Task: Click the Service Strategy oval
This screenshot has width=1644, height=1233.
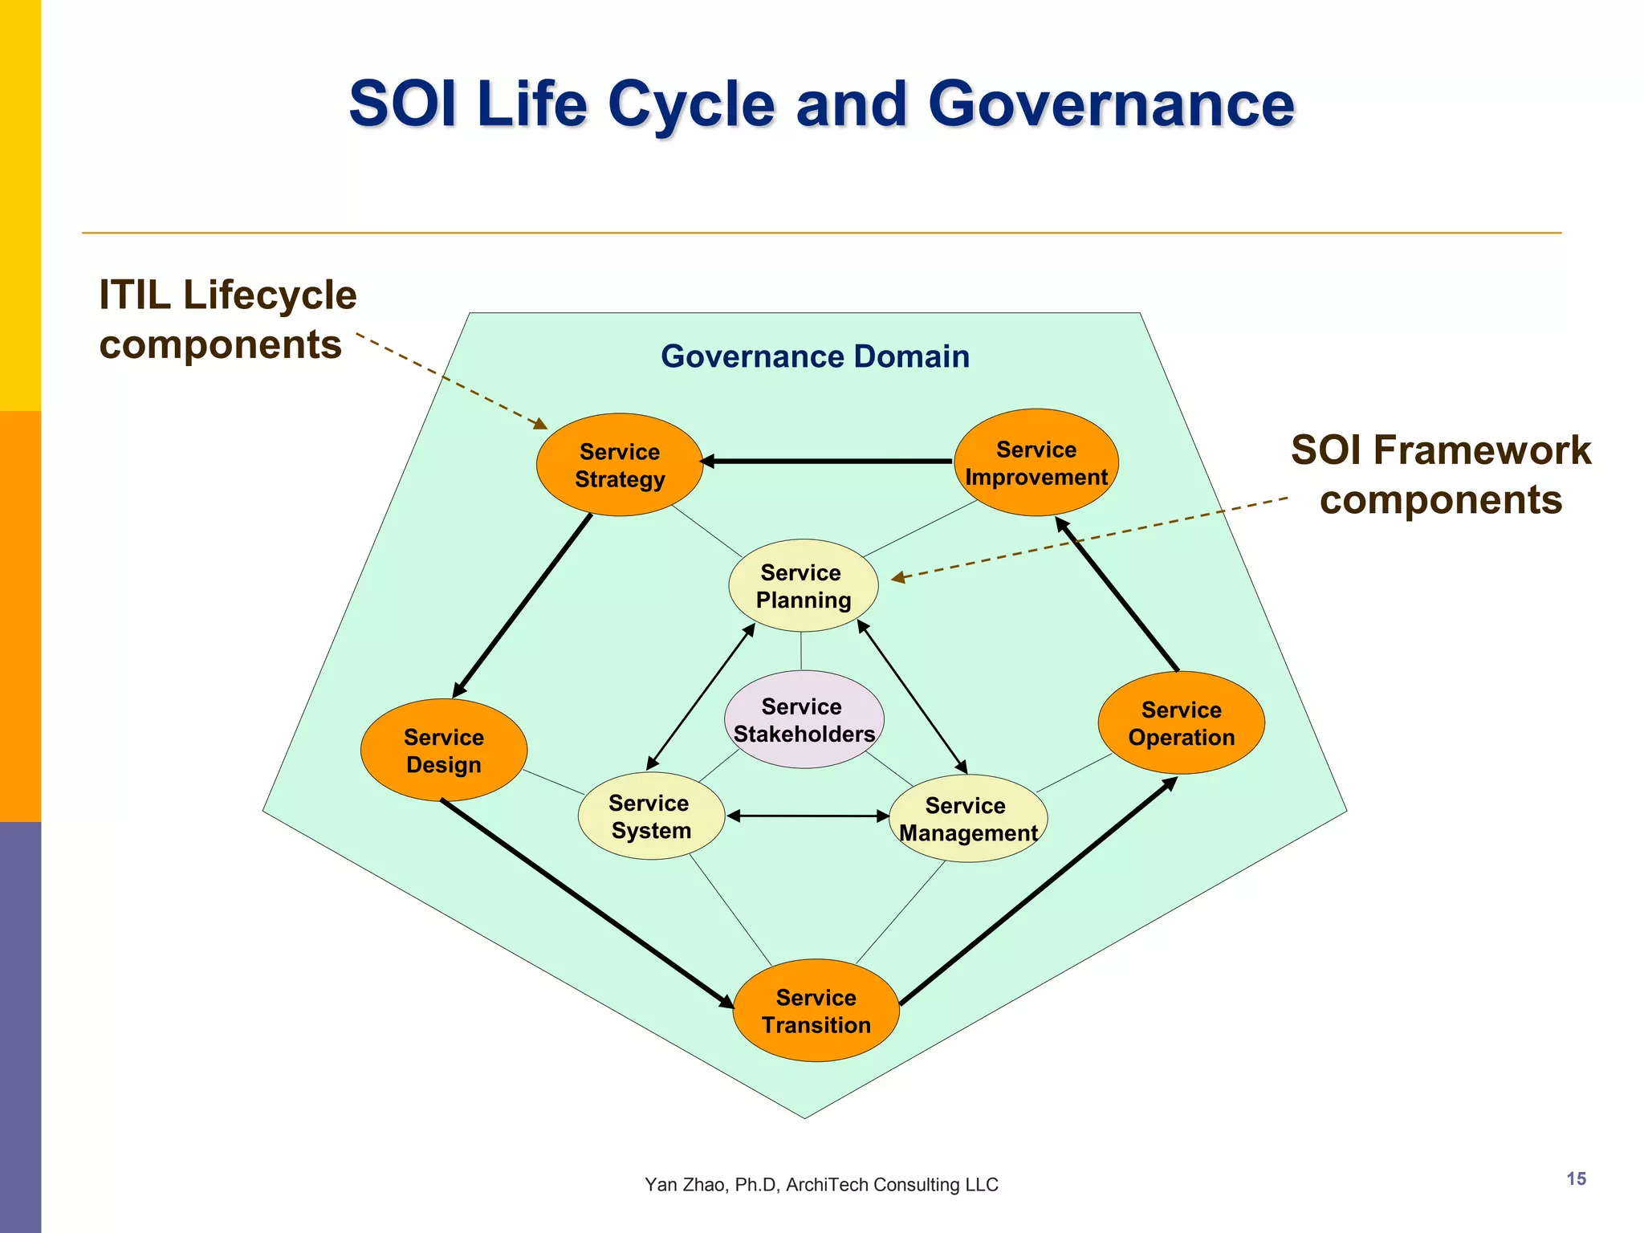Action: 619,465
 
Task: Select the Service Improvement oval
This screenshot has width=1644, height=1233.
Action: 1036,462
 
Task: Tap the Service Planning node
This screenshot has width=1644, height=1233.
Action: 803,585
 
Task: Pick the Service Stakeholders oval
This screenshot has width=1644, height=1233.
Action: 804,719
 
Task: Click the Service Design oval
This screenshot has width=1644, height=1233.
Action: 443,750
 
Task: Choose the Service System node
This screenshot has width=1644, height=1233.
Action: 650,816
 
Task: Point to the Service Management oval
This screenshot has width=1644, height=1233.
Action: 967,818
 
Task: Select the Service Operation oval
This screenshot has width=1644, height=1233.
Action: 1181,722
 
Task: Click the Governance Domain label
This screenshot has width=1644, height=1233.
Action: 815,356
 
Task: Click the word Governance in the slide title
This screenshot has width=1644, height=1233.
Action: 1110,104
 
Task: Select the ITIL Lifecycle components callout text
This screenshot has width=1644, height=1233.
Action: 227,319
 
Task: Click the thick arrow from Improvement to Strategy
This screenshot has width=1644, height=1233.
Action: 827,462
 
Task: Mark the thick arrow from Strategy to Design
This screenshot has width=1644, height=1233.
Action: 523,606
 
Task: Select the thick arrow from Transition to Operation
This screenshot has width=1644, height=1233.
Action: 1037,892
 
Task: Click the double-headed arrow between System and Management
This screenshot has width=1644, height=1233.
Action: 807,816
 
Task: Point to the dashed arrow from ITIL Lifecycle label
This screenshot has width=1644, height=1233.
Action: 450,380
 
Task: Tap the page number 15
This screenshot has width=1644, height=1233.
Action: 1576,1178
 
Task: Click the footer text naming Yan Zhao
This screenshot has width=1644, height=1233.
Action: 820,1184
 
